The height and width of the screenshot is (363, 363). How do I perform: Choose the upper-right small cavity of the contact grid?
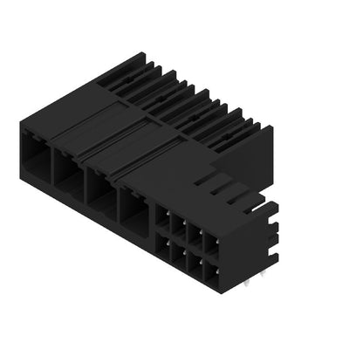[x=210, y=239]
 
